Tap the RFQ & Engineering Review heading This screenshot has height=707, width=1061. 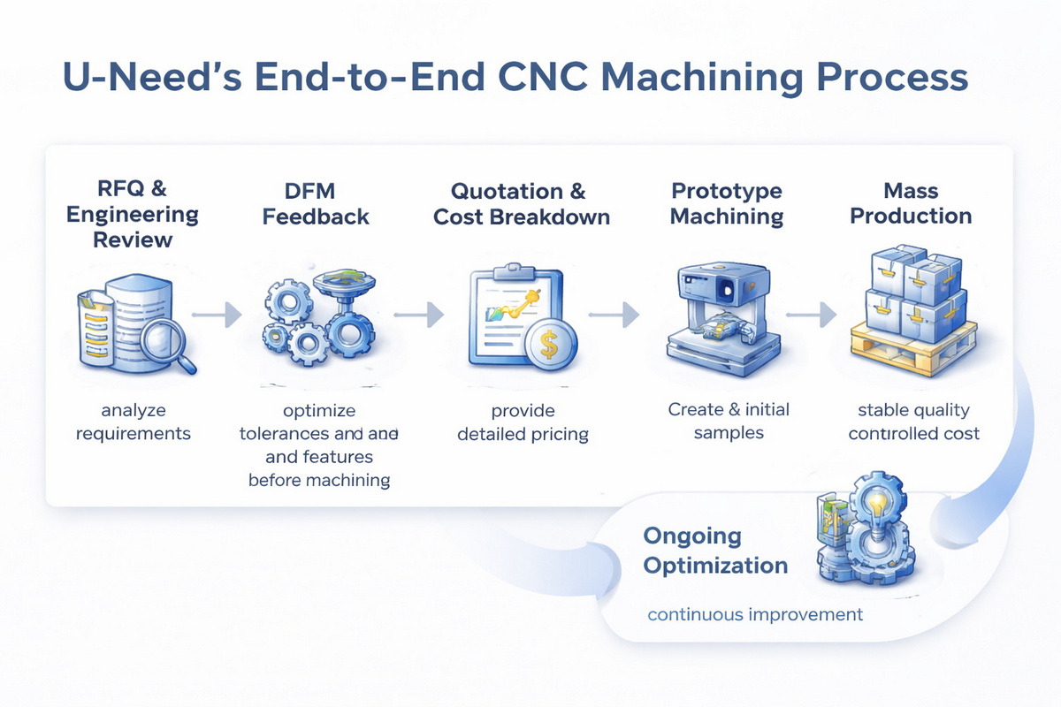[133, 214]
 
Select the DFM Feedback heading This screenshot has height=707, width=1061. [316, 203]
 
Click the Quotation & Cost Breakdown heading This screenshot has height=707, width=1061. [521, 203]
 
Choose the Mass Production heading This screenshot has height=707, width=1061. [911, 203]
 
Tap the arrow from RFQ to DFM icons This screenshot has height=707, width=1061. [217, 314]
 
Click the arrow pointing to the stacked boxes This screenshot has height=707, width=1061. [811, 314]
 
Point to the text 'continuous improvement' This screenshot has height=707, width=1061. [755, 613]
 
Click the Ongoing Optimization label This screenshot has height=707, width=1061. [715, 551]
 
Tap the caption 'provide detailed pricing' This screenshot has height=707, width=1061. [523, 422]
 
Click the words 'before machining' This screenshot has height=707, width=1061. [319, 480]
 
